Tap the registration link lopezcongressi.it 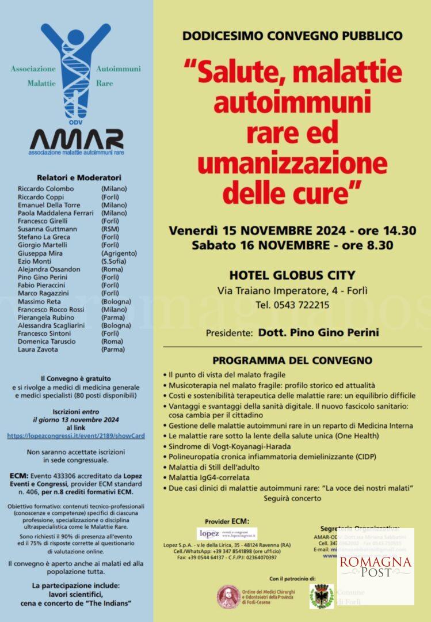tap(75, 435)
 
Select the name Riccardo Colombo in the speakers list tap(46, 189)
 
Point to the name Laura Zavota tap(38, 349)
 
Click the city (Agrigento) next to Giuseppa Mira tap(119, 253)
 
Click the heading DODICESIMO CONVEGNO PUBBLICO tap(292, 36)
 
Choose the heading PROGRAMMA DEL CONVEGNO tap(292, 361)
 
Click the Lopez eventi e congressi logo tap(227, 534)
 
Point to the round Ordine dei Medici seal tap(228, 597)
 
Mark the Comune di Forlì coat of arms tap(321, 596)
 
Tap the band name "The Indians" tap(111, 602)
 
